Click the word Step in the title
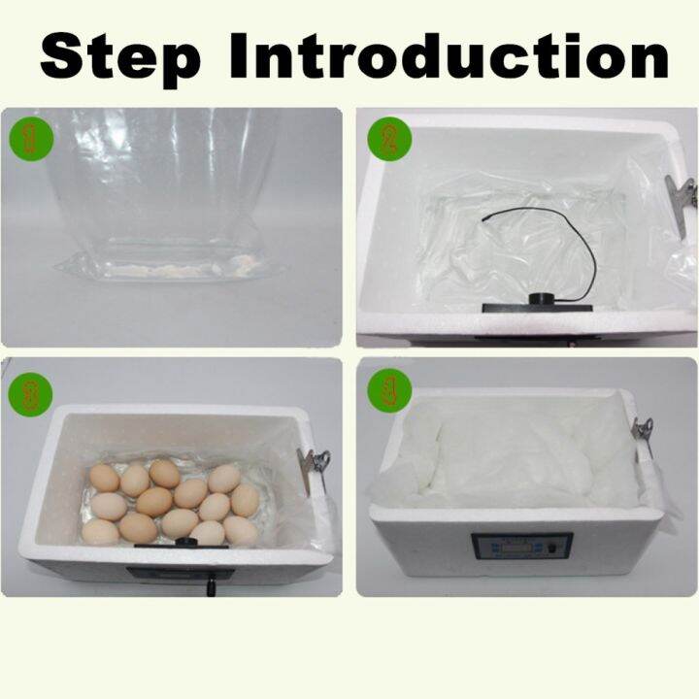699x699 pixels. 120,55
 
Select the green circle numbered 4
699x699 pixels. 388,392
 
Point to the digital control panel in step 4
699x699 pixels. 520,550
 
